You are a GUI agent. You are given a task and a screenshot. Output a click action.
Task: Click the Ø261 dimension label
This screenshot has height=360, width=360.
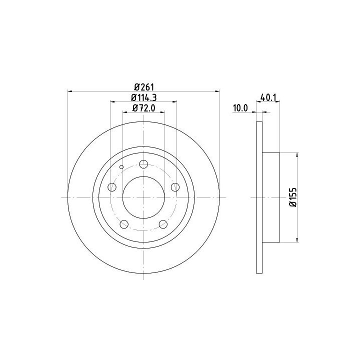(x=143, y=87)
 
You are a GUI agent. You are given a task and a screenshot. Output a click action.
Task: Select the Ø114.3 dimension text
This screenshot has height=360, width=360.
(x=143, y=98)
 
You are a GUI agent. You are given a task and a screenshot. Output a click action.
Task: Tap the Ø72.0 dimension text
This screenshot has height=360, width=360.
(x=143, y=108)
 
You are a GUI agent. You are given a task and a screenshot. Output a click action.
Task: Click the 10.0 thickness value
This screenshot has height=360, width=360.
(x=240, y=108)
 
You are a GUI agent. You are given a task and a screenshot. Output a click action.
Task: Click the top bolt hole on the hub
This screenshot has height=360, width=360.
(x=143, y=164)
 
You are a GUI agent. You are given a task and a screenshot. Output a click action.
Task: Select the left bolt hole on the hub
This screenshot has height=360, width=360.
(x=112, y=187)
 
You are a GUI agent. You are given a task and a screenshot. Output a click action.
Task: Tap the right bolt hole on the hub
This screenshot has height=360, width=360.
(x=175, y=187)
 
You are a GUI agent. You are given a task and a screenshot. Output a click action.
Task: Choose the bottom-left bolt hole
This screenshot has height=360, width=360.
(x=124, y=224)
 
